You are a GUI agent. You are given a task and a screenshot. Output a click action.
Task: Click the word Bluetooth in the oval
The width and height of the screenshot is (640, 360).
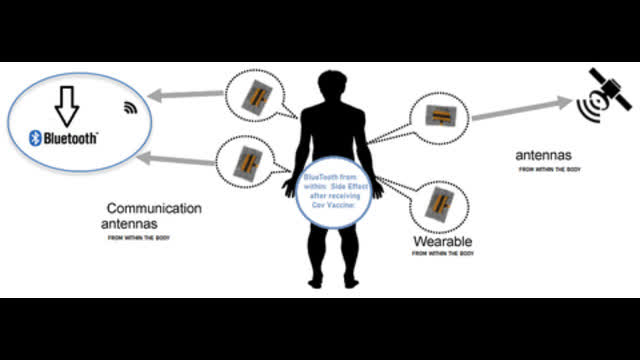point(70,139)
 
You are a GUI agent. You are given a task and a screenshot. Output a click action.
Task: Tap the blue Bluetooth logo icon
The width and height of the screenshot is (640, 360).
point(34,139)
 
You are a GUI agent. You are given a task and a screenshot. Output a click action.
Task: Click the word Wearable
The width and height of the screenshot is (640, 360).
point(442,242)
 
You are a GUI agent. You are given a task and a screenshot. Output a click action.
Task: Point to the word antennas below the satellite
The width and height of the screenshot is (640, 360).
point(544,156)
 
